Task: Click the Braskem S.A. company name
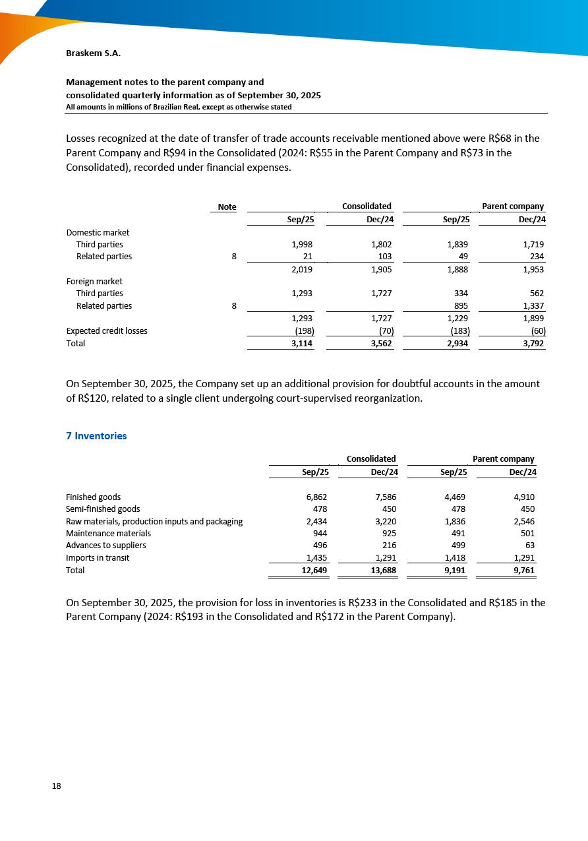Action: [x=93, y=53]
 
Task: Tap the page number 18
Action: [x=57, y=786]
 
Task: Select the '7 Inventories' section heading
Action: [x=96, y=436]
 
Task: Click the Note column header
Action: [x=227, y=207]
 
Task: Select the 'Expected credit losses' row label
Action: [x=107, y=331]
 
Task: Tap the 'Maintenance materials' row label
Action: [x=108, y=534]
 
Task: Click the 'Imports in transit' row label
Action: [x=98, y=558]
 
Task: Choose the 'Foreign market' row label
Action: [x=94, y=282]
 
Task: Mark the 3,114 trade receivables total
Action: [x=302, y=344]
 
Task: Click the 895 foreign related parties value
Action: [x=461, y=306]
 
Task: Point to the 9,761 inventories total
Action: [x=522, y=570]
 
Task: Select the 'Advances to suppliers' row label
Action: [x=106, y=545]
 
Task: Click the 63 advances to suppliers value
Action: [x=529, y=545]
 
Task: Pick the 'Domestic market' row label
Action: [x=98, y=233]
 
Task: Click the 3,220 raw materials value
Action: [x=384, y=522]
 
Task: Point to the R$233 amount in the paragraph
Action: [x=362, y=602]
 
